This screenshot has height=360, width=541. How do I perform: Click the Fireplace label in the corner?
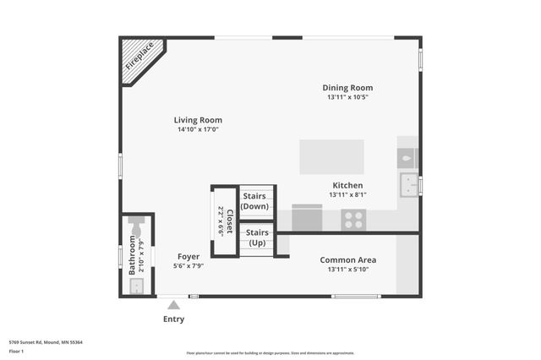click(x=139, y=56)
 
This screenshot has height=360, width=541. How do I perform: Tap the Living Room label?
click(x=198, y=120)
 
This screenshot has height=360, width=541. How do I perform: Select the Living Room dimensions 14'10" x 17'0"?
click(x=198, y=130)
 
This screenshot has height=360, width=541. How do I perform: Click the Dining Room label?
click(x=347, y=88)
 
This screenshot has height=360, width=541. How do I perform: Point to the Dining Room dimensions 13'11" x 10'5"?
click(x=347, y=97)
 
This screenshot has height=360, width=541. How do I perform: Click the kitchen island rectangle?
click(x=331, y=157)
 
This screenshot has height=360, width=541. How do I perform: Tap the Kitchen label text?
click(x=347, y=185)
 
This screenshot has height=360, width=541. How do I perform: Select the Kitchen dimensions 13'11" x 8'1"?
click(x=347, y=195)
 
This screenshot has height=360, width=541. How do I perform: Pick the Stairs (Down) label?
click(x=256, y=201)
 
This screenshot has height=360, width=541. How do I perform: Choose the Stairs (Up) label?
click(x=256, y=237)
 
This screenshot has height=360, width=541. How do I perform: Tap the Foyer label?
click(x=189, y=256)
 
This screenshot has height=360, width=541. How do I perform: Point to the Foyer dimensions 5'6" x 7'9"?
click(x=189, y=266)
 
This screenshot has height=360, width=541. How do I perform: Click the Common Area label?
click(x=347, y=259)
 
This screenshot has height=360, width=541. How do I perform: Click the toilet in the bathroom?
click(x=137, y=225)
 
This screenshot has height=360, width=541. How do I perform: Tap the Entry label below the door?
click(x=173, y=319)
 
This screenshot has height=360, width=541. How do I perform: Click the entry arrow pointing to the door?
click(x=173, y=304)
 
